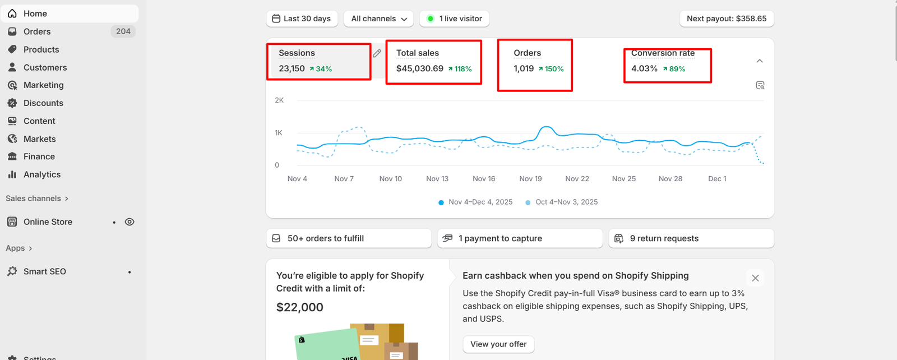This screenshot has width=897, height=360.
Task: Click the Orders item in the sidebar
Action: pos(37,31)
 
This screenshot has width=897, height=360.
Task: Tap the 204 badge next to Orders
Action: pos(123,31)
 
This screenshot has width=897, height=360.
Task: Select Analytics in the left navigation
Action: pos(42,174)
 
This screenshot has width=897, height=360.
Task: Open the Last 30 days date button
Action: pos(302,19)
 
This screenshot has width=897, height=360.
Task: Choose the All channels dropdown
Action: pos(379,19)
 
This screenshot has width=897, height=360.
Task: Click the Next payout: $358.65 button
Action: pos(727,19)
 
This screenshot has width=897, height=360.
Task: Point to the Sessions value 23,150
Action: pos(292,68)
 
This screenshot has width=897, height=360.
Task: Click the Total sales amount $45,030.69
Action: pos(420,68)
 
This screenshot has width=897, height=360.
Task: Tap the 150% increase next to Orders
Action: pos(554,69)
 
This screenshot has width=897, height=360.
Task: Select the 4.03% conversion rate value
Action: pos(644,68)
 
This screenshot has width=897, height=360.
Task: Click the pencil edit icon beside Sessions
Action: pos(377,53)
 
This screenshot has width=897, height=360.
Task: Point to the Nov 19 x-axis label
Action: pos(530,179)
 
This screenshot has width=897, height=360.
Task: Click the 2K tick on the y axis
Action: pos(279,100)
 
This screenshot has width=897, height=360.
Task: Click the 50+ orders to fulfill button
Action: pos(348,238)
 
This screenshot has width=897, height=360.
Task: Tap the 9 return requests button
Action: pos(691,238)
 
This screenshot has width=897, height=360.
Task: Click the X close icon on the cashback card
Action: pos(755,278)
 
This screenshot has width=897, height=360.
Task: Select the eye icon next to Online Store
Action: pos(130,222)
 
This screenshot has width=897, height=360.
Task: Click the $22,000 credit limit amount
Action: pos(300,307)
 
